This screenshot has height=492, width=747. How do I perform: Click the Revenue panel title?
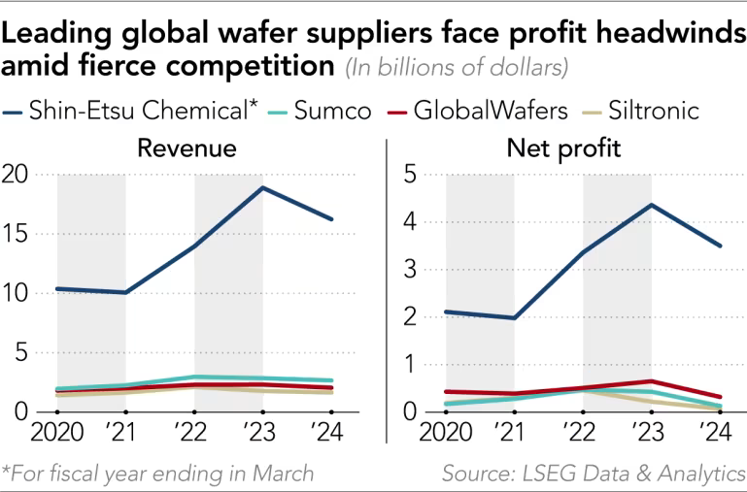coord(187,148)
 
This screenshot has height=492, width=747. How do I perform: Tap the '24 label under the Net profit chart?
coord(717,431)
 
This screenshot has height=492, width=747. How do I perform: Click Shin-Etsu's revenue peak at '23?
coord(262,187)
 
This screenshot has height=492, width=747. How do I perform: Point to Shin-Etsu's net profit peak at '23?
coord(650,205)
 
